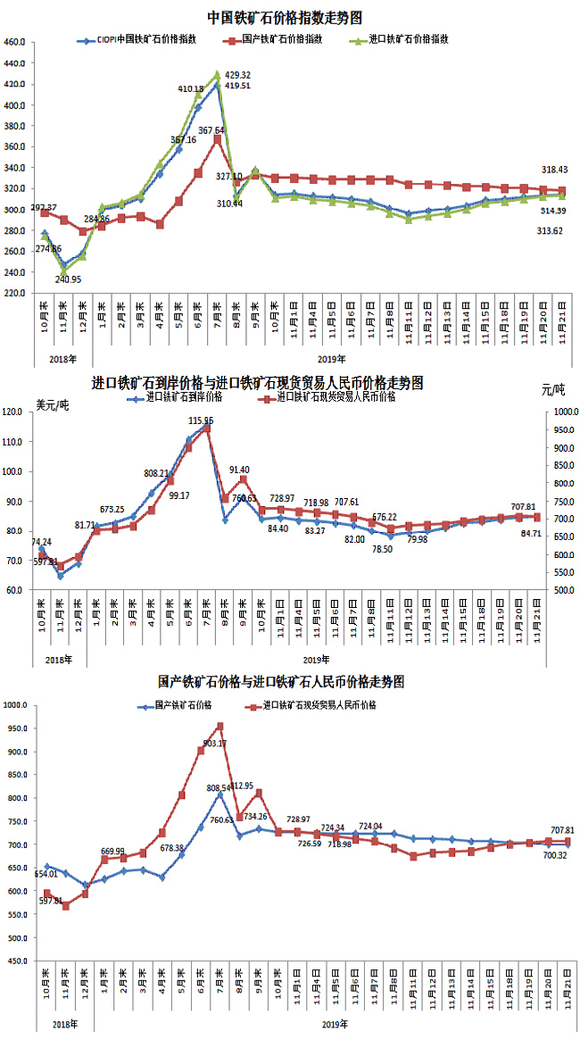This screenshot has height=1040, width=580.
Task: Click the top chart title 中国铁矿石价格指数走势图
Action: point(285,17)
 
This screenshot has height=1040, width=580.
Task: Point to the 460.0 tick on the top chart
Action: point(15,42)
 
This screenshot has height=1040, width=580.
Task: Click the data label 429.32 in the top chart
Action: point(237,75)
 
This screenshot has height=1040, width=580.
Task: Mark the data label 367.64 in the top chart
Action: point(211,129)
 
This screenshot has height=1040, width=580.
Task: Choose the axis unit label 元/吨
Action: point(552,390)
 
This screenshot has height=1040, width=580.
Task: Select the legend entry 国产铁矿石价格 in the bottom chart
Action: point(182,705)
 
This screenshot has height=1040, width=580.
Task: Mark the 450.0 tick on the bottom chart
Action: point(15,961)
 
